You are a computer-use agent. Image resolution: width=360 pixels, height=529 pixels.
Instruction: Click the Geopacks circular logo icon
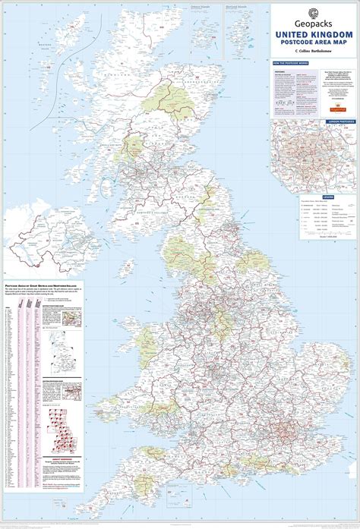coord(314,12)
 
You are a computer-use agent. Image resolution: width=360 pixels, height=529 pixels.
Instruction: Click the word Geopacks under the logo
coord(314,24)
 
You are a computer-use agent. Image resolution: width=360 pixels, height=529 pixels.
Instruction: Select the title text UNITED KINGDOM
coord(314,35)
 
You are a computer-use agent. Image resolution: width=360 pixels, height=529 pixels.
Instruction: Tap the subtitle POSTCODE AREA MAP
coord(314,43)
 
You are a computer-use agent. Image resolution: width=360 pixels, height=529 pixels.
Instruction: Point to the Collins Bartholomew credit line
coord(314,52)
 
